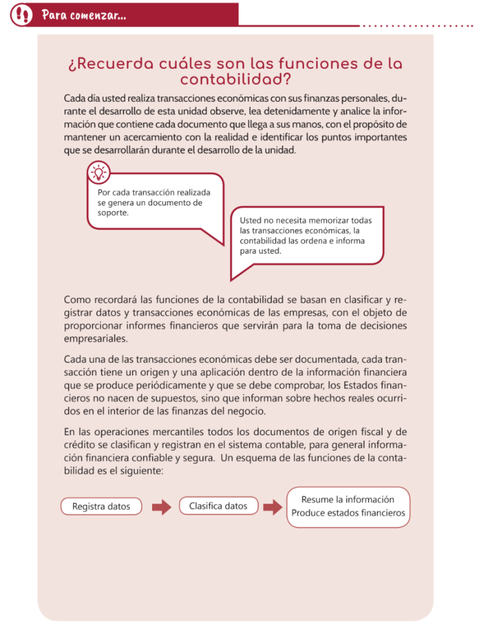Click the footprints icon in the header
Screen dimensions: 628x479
(x=22, y=13)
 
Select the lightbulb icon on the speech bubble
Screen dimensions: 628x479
(x=99, y=172)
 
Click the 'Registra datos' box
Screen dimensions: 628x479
(x=101, y=507)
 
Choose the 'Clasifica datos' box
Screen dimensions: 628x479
(x=218, y=506)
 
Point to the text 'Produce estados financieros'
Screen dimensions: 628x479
(x=348, y=513)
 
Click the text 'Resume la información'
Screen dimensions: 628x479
(x=348, y=499)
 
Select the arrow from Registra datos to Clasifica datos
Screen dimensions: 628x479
(x=161, y=507)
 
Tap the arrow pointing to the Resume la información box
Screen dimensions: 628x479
(x=272, y=507)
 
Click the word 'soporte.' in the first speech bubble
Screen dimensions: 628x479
(x=113, y=213)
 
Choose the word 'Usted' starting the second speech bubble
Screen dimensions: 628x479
(x=250, y=220)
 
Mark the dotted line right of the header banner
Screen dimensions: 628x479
(x=417, y=26)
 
